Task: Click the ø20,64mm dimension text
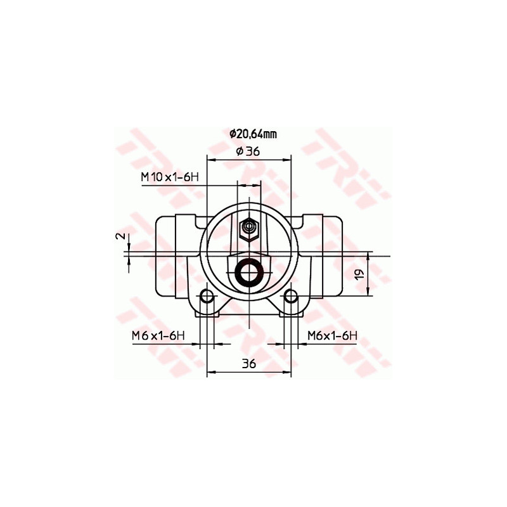[252, 134]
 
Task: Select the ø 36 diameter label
[248, 151]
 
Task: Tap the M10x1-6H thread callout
[169, 177]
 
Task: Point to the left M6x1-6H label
[158, 335]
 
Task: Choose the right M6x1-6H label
[333, 335]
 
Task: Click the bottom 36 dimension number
[248, 363]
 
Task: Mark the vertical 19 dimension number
[358, 275]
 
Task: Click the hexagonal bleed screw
[248, 227]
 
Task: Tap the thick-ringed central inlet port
[248, 272]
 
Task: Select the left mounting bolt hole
[206, 296]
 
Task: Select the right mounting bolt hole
[291, 296]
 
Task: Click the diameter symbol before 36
[239, 151]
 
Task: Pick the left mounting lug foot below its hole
[206, 311]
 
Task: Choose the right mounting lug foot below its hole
[291, 311]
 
